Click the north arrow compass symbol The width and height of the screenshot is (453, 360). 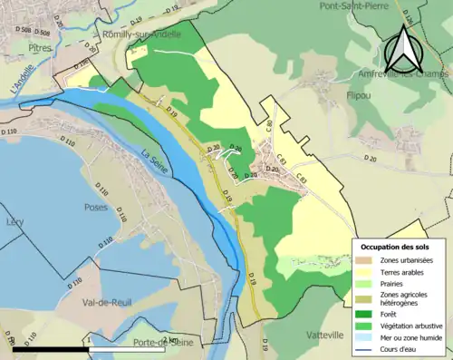pos(405,47)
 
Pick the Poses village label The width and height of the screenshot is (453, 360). pos(94,207)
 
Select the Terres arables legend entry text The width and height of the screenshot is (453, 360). pos(405,270)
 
